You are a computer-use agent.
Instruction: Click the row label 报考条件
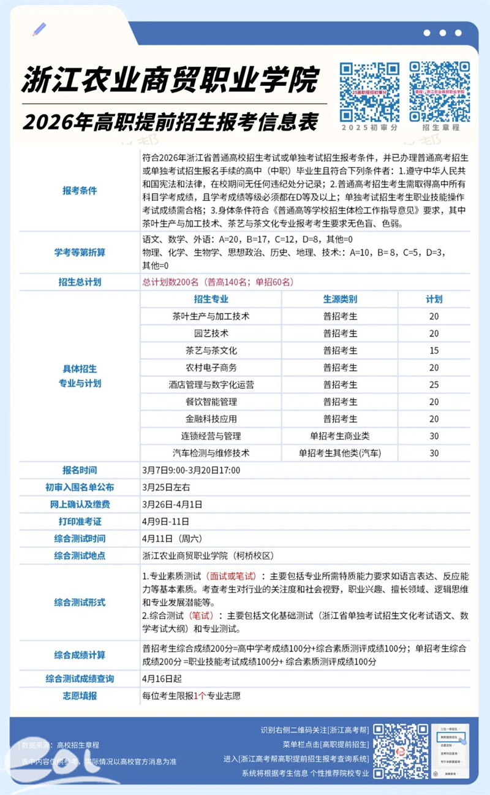coord(80,191)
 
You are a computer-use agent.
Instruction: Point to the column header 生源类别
coord(340,299)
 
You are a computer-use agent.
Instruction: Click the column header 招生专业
coord(211,299)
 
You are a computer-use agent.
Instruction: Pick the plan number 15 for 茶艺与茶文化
coord(434,351)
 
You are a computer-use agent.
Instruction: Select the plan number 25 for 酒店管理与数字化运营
coord(434,385)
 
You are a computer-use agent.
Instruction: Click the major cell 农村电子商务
coord(211,368)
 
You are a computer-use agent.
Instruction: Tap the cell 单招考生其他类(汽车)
coord(340,454)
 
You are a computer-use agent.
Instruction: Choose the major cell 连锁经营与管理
coord(211,436)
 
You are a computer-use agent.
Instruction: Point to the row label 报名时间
coord(80,471)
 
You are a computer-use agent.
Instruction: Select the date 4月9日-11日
coord(165,522)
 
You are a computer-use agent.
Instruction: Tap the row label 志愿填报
coord(80,696)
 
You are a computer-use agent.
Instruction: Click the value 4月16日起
coord(162,679)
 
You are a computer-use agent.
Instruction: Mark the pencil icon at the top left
coord(40,29)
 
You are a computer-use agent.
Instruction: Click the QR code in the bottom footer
coord(401,751)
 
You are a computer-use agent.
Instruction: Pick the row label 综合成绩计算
coord(80,655)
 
